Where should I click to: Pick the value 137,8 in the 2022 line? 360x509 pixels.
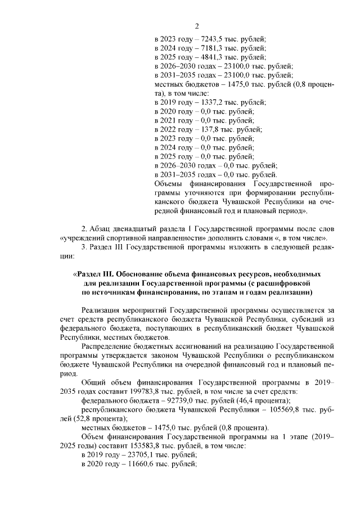coord(207,129)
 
